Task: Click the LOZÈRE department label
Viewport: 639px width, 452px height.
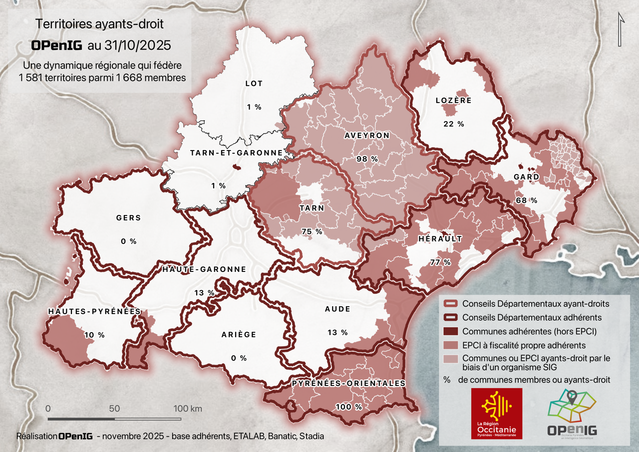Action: pyautogui.click(x=453, y=100)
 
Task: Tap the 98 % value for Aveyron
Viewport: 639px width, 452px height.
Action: pyautogui.click(x=366, y=159)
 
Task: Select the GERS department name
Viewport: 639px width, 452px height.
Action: pyautogui.click(x=128, y=218)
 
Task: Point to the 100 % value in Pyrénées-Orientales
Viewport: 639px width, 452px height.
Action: pyautogui.click(x=348, y=407)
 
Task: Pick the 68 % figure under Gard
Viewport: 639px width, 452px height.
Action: pyautogui.click(x=526, y=200)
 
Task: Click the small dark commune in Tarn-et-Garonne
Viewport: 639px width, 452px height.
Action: pyautogui.click(x=237, y=168)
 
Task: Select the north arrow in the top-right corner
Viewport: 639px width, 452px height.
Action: pyautogui.click(x=621, y=30)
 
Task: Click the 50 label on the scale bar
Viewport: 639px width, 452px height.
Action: pyautogui.click(x=114, y=408)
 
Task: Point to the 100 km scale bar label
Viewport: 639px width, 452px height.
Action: pyautogui.click(x=187, y=408)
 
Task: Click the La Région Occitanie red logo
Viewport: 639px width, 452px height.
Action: pyautogui.click(x=497, y=413)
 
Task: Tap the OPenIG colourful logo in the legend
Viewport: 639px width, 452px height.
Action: pyautogui.click(x=572, y=413)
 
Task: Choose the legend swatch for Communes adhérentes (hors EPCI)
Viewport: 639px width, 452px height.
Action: pyautogui.click(x=451, y=331)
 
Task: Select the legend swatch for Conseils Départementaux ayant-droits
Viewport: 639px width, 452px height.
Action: pyautogui.click(x=451, y=303)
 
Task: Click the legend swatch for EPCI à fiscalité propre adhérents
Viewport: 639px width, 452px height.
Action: pyautogui.click(x=451, y=345)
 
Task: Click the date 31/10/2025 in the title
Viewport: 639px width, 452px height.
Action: pyautogui.click(x=136, y=45)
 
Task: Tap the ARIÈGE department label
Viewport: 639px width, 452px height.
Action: pyautogui.click(x=239, y=334)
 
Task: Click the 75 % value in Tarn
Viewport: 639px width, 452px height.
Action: pyautogui.click(x=312, y=231)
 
